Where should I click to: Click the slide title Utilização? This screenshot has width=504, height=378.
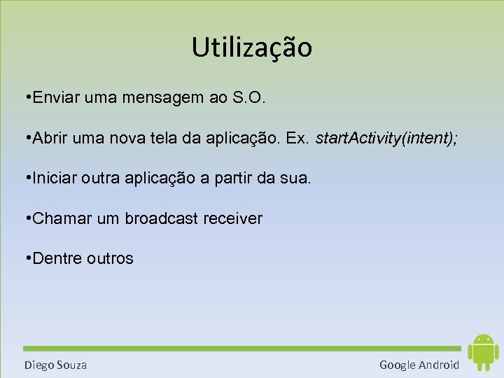click(x=252, y=48)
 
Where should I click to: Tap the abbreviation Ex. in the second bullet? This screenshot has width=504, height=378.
click(x=298, y=139)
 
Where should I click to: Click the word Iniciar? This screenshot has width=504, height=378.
click(x=55, y=178)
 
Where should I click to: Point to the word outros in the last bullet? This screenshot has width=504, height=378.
click(x=110, y=258)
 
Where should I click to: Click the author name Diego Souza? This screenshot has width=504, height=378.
click(x=55, y=365)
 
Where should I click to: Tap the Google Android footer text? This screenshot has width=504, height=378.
click(x=419, y=365)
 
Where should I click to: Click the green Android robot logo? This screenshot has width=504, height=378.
click(x=482, y=351)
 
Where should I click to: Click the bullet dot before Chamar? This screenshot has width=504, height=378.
click(x=26, y=218)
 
